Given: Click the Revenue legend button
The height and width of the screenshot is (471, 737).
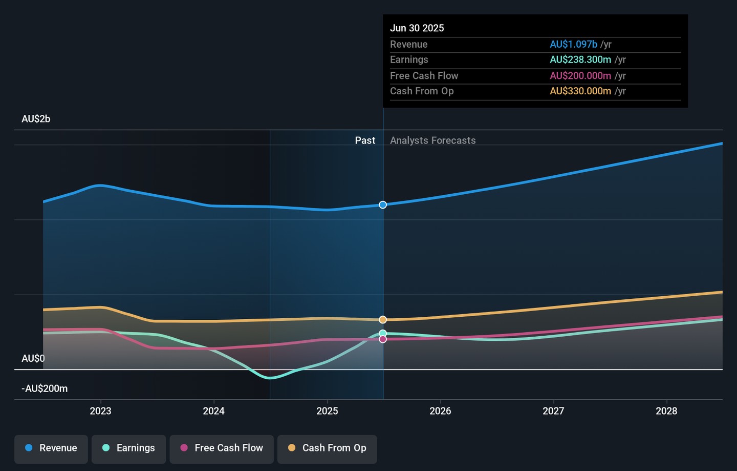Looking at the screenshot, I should coord(51,448).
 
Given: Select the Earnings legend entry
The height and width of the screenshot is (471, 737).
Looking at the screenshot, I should coord(128,448).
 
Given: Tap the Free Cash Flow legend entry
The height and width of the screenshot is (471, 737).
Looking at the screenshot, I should coord(222,448).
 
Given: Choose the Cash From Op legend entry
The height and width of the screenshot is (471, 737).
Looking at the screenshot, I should coord(327,448).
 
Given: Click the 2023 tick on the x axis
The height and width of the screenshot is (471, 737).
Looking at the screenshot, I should coord(100,411).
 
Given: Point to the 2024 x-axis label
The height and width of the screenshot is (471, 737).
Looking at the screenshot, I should coord(213,411).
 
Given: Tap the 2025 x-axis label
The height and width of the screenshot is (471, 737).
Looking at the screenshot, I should coord(327,411).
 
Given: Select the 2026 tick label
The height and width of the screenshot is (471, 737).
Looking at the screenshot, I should coord(440,411).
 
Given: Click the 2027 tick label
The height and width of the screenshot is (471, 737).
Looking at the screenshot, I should coord(553,411).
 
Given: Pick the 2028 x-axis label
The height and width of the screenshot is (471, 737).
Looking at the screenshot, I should coord(666,411).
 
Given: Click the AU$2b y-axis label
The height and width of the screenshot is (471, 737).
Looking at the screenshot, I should coord(36,119).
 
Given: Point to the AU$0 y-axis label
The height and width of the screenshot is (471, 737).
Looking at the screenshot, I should coord(33,359).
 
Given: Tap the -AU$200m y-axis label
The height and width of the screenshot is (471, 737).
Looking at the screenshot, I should coord(45,388).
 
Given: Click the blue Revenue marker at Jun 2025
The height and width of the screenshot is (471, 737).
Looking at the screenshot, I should coord(383,205).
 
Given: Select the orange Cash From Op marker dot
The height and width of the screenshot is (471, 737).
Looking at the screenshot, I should coord(383,320).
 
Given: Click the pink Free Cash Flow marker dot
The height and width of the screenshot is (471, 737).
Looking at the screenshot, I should coord(383,339).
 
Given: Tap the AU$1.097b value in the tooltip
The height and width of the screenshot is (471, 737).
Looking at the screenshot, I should coord(573,45).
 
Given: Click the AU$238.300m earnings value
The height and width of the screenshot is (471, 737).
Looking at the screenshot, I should coord(580,60).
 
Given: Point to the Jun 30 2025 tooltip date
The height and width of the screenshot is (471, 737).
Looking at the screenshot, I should coord(417,28).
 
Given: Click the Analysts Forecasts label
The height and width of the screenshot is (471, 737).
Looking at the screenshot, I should coord(433,140).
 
